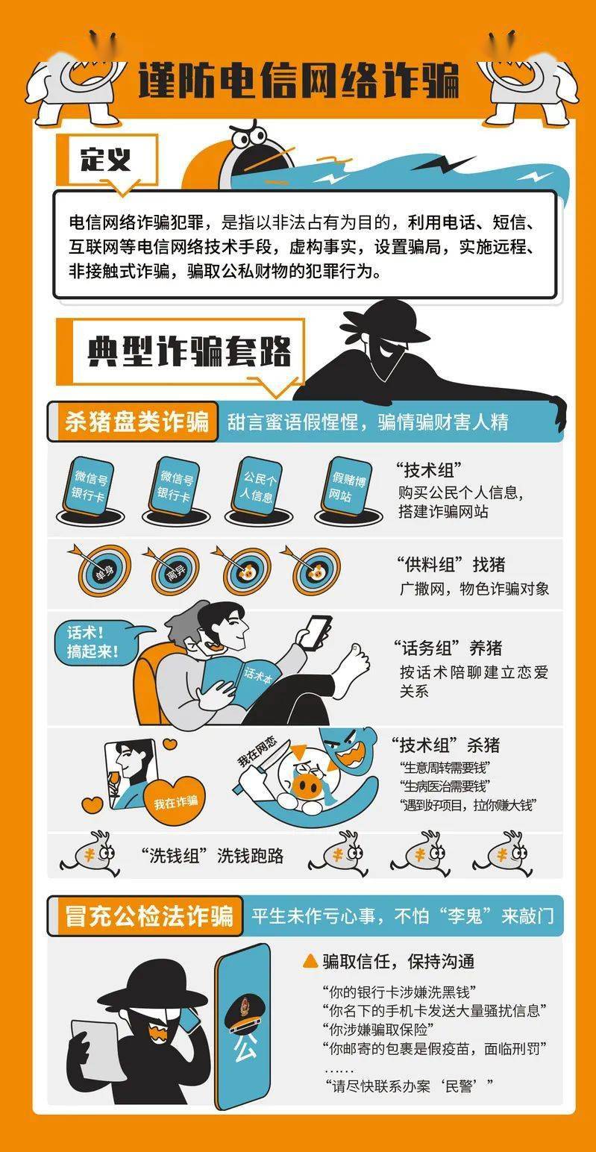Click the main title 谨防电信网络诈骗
pyautogui.click(x=298, y=81)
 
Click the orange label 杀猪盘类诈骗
pyautogui.click(x=137, y=422)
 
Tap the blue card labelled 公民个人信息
pyautogui.click(x=257, y=487)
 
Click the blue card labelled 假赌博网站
pyautogui.click(x=348, y=487)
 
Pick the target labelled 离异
pyautogui.click(x=175, y=571)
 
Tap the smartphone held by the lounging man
pyautogui.click(x=315, y=632)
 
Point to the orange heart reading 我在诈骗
pyautogui.click(x=175, y=801)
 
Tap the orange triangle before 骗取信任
pyautogui.click(x=310, y=961)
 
